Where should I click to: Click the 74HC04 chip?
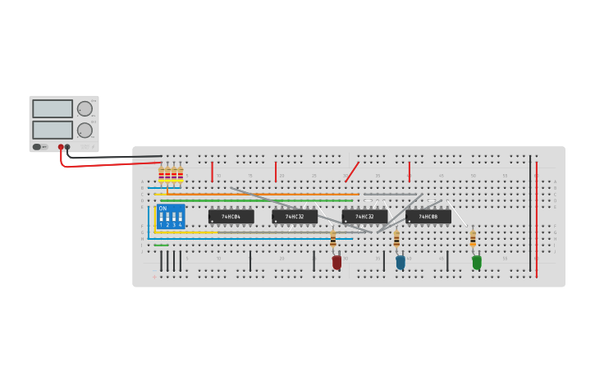[x=231, y=217]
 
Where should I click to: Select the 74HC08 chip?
[x=428, y=217]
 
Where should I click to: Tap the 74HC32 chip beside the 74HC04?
[x=294, y=217]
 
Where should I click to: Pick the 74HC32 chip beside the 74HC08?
[x=364, y=217]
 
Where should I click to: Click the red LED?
[x=336, y=262]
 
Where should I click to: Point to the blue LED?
[x=400, y=262]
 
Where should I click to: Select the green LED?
[x=477, y=262]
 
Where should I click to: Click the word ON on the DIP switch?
[x=163, y=209]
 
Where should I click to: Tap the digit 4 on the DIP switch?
[x=181, y=224]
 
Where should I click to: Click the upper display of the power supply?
[x=53, y=108]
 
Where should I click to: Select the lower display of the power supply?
[x=53, y=130]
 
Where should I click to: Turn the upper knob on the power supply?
[x=85, y=108]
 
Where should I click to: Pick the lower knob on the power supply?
[x=85, y=130]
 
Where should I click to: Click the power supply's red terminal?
[x=61, y=147]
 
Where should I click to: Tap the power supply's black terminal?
[x=67, y=147]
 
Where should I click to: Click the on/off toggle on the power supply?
[x=38, y=147]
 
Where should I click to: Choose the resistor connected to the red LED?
[x=333, y=239]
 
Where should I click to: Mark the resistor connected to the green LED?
[x=473, y=238]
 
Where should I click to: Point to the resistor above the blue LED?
[x=396, y=239]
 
